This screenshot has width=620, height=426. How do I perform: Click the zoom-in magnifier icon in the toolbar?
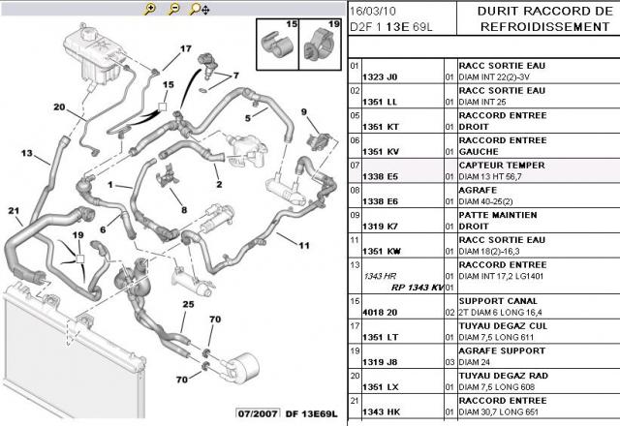pos(149,9)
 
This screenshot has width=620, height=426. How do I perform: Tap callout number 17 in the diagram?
pos(185,47)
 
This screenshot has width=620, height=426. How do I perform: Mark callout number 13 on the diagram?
pos(27,153)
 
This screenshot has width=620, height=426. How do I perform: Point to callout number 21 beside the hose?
pos(14,211)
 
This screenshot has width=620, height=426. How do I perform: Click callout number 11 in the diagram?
pos(303,244)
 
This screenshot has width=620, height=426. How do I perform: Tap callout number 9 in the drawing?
pos(303,112)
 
